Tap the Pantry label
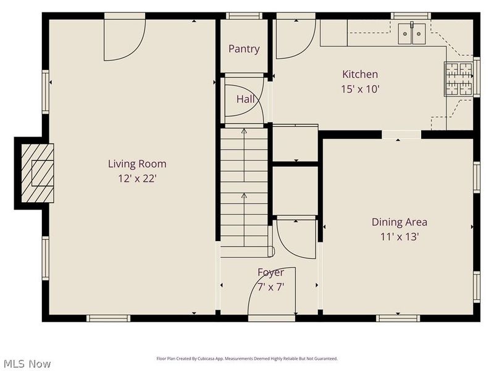tap(244, 49)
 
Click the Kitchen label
tap(360, 74)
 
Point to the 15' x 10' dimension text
tap(360, 89)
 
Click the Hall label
tap(245, 100)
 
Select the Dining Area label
tap(399, 222)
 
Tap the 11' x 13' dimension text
tap(399, 237)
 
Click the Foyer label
tap(270, 272)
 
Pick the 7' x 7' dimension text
tap(270, 286)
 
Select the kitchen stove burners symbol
tap(458, 79)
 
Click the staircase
tap(244, 185)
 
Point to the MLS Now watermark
tap(27, 364)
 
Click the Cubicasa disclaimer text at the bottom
tap(247, 359)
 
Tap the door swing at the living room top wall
tap(124, 37)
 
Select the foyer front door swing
tap(272, 291)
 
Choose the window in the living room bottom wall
tap(108, 318)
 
